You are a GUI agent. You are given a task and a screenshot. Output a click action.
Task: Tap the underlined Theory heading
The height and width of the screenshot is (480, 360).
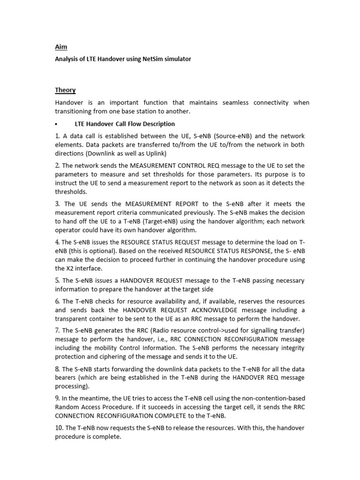tap(65, 90)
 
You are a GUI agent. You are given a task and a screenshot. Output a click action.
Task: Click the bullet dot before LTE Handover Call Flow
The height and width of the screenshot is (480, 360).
tap(56, 124)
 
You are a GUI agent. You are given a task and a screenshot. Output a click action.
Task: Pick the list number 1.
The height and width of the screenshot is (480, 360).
tap(57, 136)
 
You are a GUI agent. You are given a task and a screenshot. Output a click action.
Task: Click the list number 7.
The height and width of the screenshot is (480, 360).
tap(57, 330)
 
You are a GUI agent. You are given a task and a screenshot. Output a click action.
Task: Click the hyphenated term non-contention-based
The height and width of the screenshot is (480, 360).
tap(270, 398)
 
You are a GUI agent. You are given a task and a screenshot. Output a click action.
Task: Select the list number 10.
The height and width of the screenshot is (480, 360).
tap(59, 428)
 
